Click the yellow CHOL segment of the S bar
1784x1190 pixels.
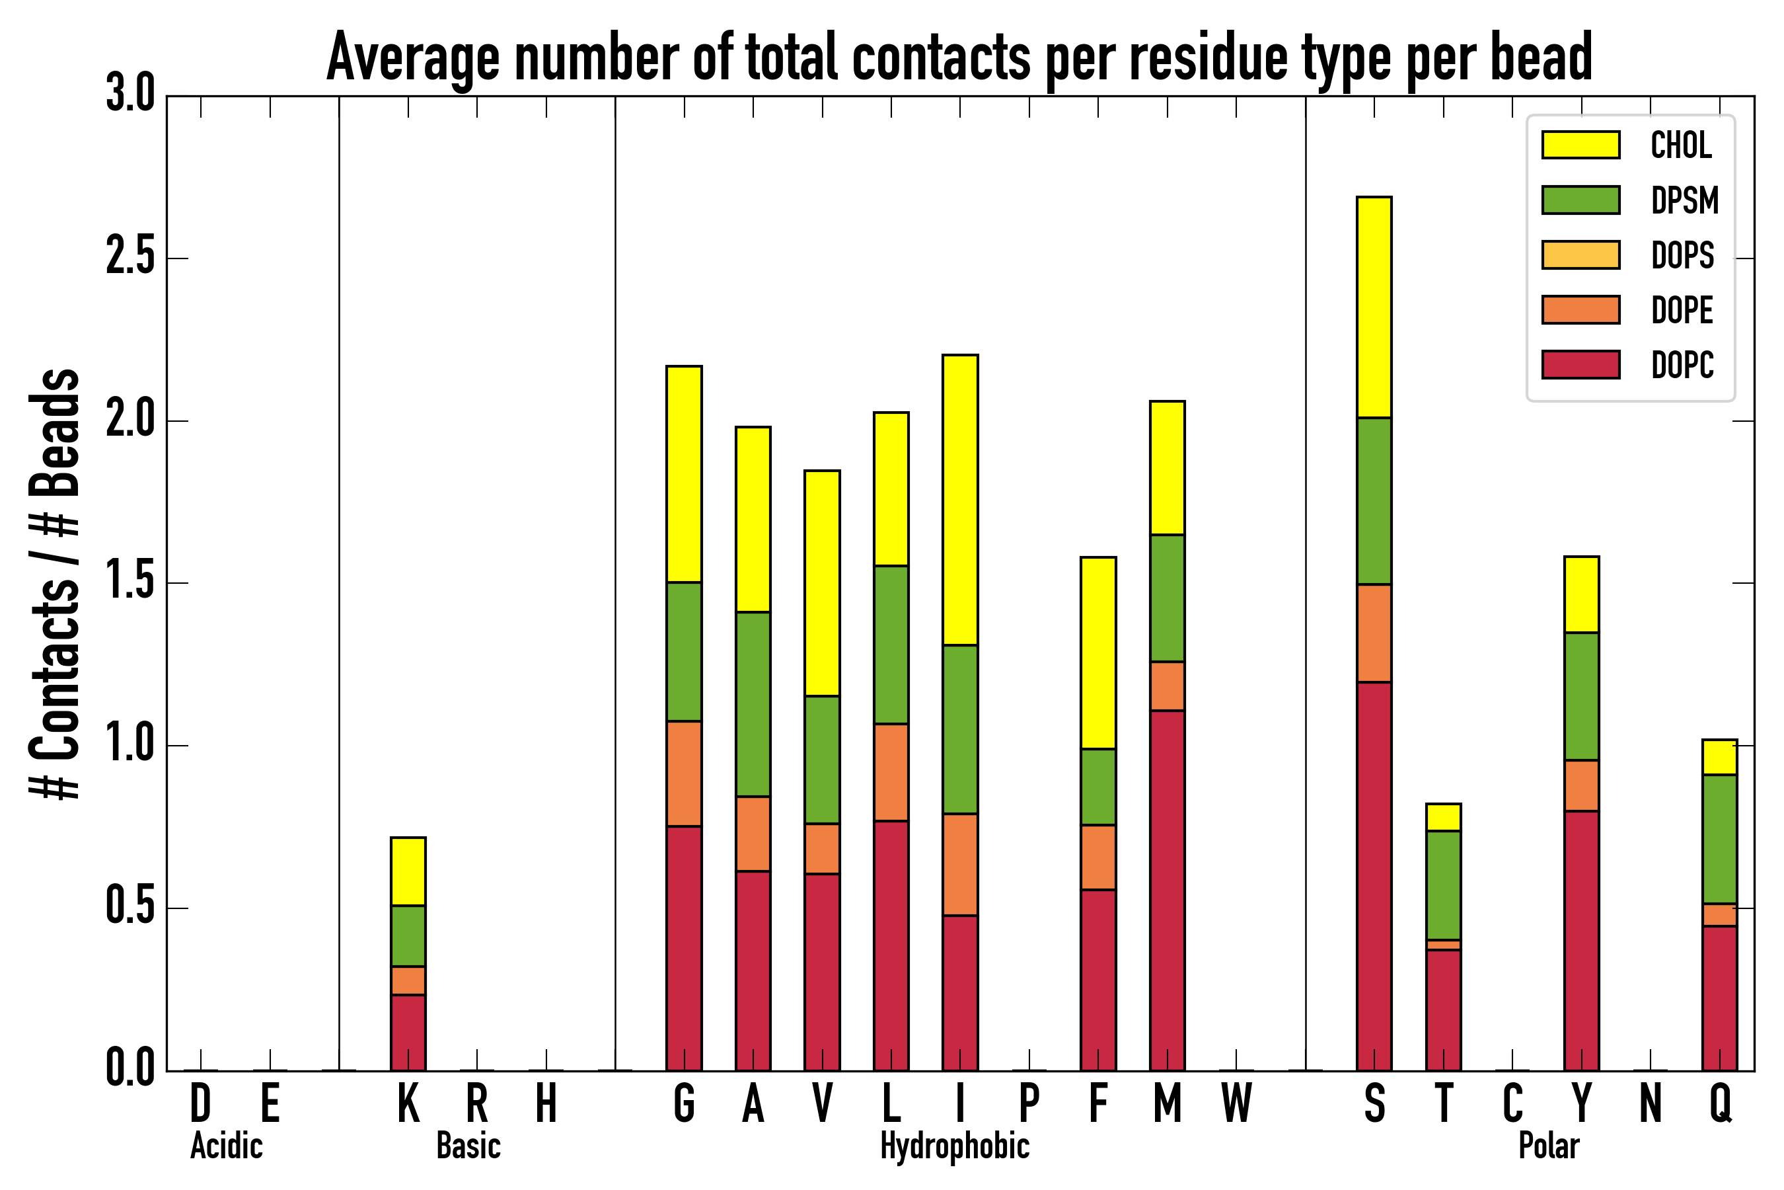pos(1374,307)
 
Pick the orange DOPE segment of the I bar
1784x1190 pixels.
pos(960,865)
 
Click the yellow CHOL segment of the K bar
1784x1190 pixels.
pos(408,871)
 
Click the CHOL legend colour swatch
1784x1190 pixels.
pos(1580,145)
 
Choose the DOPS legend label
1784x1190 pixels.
pos(1682,255)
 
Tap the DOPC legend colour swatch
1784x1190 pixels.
pos(1580,364)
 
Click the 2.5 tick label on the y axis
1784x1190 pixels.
pos(130,258)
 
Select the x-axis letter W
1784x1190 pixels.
pos(1236,1103)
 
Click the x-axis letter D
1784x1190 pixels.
pos(200,1103)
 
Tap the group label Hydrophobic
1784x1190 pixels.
pos(954,1146)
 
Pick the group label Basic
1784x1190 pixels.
pos(468,1146)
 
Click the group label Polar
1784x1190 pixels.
pos(1548,1146)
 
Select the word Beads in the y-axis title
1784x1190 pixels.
pos(56,432)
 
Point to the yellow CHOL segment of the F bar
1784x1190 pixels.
pos(1098,653)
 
